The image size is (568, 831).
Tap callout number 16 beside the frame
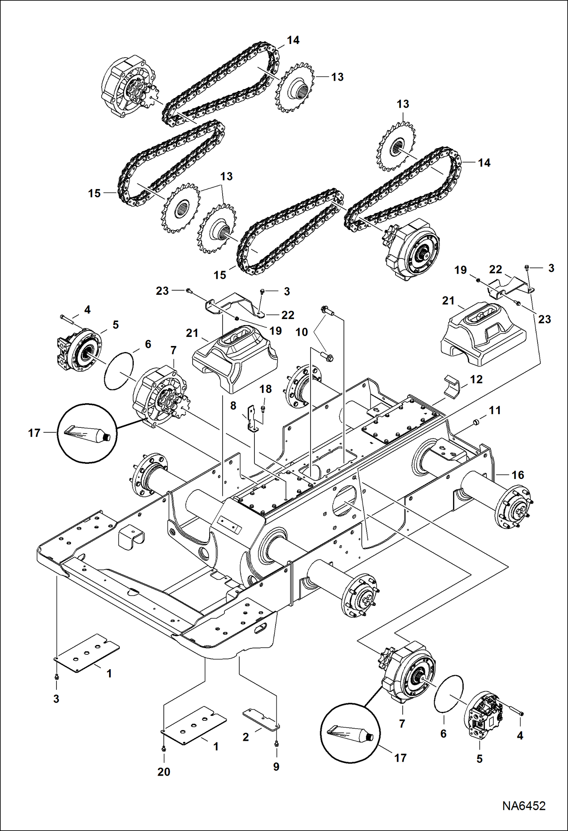[518, 475]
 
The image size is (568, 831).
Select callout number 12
[476, 379]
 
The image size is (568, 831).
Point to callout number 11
[495, 410]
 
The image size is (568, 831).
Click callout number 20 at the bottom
[164, 772]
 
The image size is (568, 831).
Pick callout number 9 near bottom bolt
[276, 766]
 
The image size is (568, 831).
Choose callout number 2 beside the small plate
[246, 737]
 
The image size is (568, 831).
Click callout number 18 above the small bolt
[265, 389]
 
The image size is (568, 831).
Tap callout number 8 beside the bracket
[233, 406]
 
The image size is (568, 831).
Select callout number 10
[301, 332]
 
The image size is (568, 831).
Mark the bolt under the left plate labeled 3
[56, 676]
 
